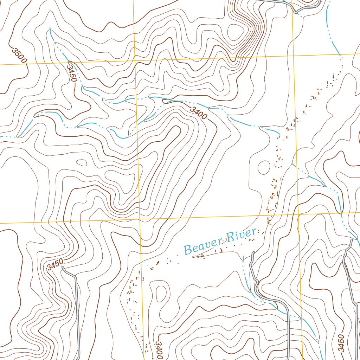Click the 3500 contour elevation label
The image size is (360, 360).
click(19, 56)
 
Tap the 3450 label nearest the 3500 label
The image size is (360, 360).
click(71, 72)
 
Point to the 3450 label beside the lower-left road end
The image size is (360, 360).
click(55, 264)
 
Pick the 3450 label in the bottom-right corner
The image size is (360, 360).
click(340, 343)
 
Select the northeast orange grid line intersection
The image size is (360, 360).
click(294, 56)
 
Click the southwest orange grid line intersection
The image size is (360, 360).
click(140, 219)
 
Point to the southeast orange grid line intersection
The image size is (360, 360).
click(298, 214)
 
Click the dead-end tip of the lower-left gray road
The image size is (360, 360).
click(63, 267)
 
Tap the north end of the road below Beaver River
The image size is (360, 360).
click(253, 252)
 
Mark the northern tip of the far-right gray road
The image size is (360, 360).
click(351, 240)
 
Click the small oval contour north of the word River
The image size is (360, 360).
click(264, 167)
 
